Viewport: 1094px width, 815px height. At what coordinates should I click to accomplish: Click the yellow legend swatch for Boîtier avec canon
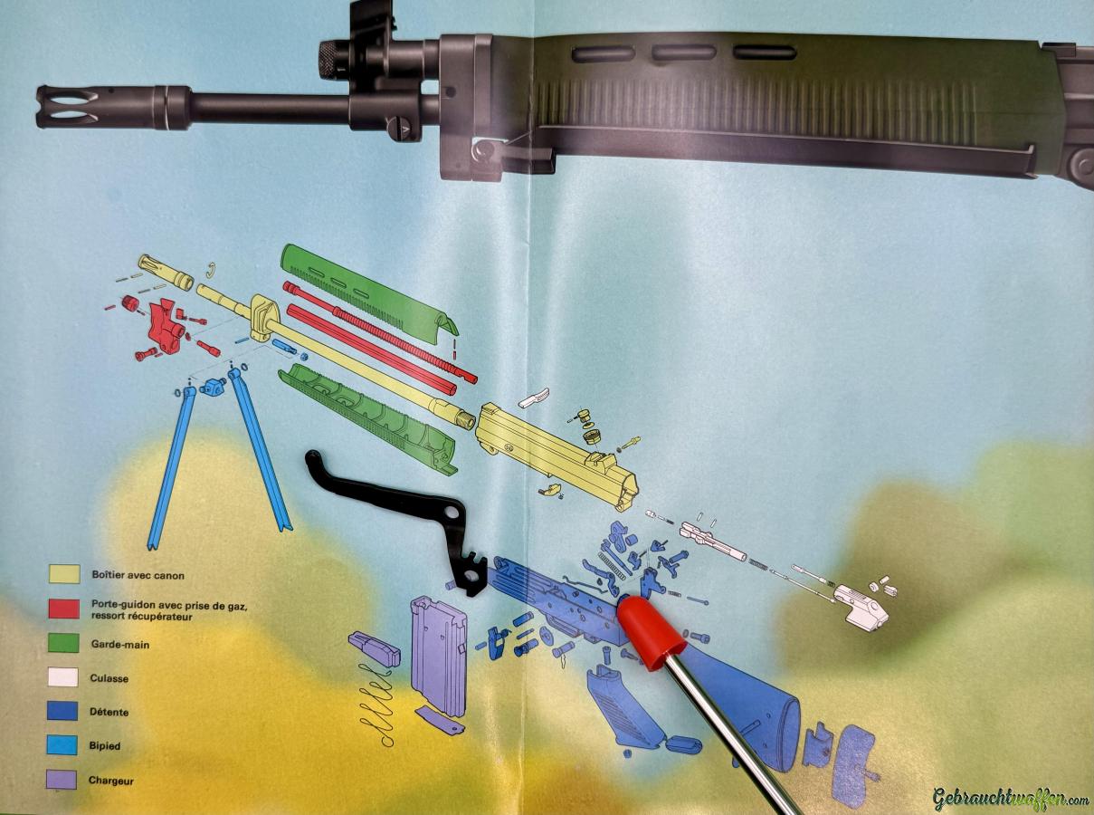(64, 574)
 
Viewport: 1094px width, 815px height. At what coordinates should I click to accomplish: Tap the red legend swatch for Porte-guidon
(63, 609)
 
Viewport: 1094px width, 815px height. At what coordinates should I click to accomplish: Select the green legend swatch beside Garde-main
(63, 643)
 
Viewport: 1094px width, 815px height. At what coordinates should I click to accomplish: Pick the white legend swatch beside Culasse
(62, 676)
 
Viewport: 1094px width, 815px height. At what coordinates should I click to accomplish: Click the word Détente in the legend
(109, 712)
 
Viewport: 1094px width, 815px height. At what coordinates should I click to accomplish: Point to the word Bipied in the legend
(105, 745)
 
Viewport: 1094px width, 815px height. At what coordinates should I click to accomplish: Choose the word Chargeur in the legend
(111, 781)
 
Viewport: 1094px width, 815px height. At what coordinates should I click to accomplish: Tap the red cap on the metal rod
(651, 632)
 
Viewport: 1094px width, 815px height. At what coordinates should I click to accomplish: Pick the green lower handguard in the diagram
(367, 419)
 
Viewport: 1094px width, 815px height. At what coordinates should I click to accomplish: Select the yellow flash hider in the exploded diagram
(166, 272)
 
